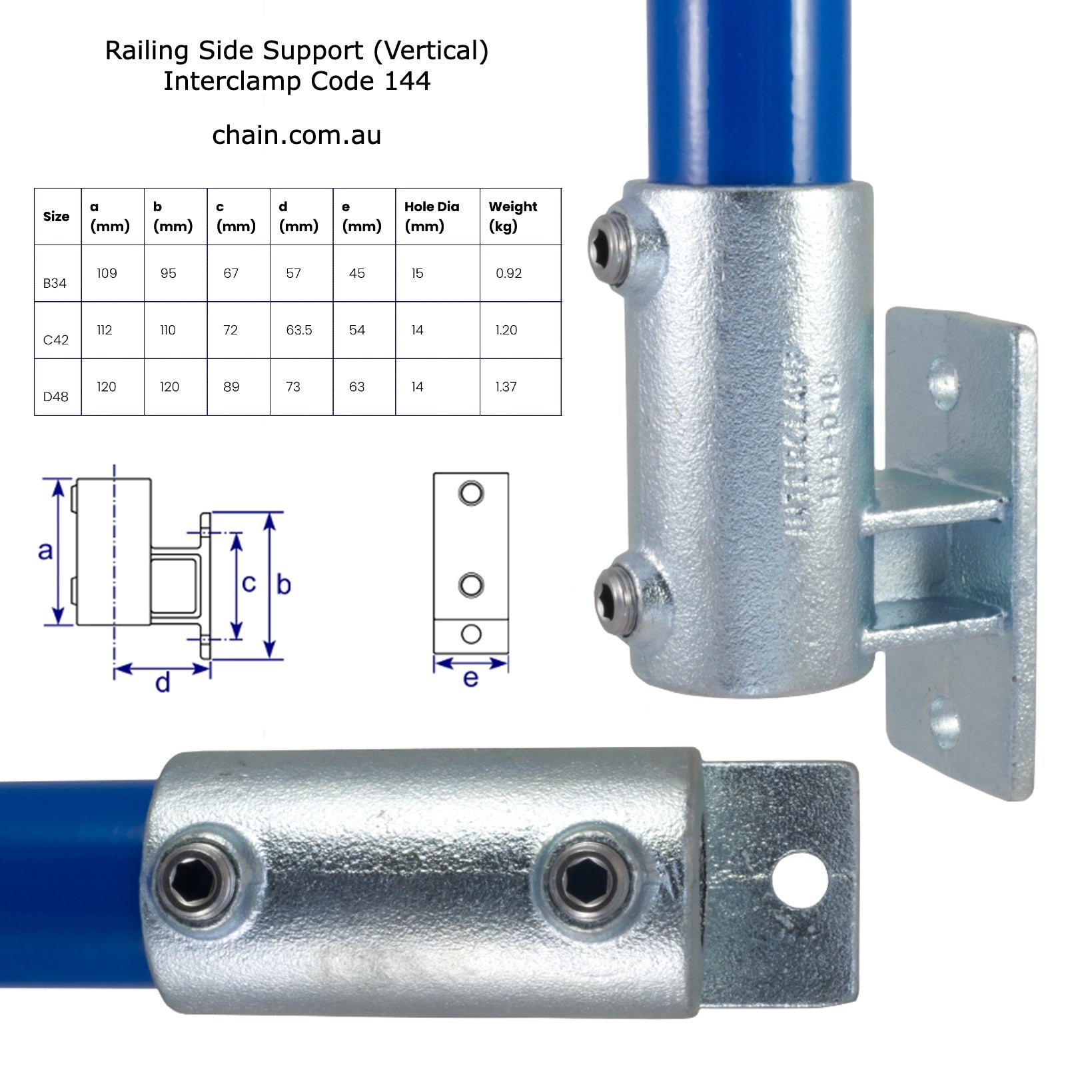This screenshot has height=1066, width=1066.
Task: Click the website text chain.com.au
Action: click(x=296, y=135)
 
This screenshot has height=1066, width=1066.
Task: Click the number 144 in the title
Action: click(x=407, y=81)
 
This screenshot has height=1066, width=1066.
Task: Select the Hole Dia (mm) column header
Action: click(x=431, y=216)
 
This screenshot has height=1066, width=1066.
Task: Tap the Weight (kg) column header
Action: click(x=512, y=216)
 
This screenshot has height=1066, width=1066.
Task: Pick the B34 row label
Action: click(x=55, y=283)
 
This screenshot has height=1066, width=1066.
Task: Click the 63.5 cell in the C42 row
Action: click(x=298, y=330)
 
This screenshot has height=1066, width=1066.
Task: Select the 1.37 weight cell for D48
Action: click(x=506, y=386)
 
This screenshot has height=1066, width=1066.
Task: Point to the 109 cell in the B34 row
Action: click(x=107, y=273)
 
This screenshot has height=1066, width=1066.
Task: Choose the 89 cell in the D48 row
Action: click(x=231, y=386)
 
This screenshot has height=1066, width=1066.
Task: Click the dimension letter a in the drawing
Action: click(x=45, y=551)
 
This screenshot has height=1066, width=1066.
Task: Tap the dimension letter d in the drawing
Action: click(x=163, y=683)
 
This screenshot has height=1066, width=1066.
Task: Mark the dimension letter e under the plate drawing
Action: click(x=470, y=678)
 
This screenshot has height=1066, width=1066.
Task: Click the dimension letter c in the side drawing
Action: click(x=249, y=584)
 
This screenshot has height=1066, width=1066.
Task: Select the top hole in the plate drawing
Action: click(x=471, y=494)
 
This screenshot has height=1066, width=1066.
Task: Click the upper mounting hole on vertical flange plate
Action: click(x=944, y=383)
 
